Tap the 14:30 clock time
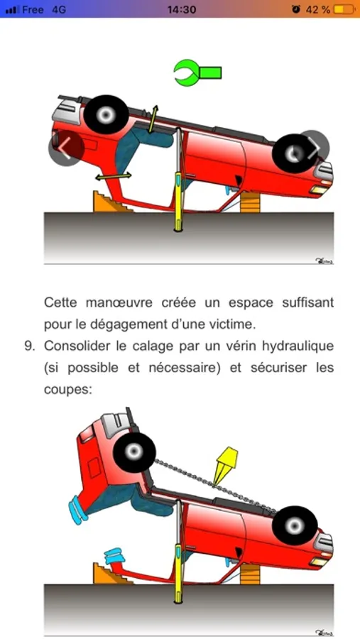(x=182, y=9)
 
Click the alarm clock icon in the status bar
(x=296, y=9)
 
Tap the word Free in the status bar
(x=33, y=9)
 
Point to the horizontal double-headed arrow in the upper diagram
(x=114, y=176)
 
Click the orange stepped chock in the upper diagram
(x=110, y=202)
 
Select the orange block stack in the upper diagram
(x=250, y=202)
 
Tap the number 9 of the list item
(x=28, y=346)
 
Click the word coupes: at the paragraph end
(x=68, y=389)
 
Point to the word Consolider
(x=77, y=346)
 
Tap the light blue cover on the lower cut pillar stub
(x=114, y=556)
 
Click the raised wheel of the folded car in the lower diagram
(x=134, y=453)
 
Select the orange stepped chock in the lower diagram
(x=110, y=574)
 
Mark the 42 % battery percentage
(x=317, y=9)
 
